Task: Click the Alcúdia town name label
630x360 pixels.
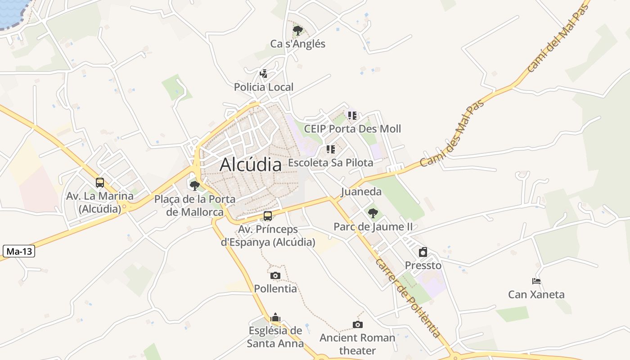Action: point(251,165)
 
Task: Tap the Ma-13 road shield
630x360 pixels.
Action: point(19,251)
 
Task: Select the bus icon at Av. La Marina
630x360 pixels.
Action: point(100,183)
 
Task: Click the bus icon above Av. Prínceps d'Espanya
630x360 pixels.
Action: point(268,216)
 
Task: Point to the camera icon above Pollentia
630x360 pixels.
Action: point(275,275)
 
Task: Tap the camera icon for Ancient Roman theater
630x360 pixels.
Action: point(357,324)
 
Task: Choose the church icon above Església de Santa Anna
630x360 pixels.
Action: point(275,318)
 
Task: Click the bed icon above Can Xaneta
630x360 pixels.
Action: point(536,281)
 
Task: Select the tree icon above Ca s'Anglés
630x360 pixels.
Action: point(297,31)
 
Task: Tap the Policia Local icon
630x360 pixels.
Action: point(264,73)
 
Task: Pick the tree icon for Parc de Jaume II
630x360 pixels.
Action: point(373,213)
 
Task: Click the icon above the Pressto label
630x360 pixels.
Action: point(423,252)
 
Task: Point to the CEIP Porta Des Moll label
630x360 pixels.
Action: point(352,129)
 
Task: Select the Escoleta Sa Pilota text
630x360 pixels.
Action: point(331,163)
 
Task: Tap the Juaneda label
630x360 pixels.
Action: point(361,192)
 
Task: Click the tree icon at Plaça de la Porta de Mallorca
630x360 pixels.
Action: point(195,185)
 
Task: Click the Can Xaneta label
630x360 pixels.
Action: point(536,295)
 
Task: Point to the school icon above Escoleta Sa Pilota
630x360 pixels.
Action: point(331,149)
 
